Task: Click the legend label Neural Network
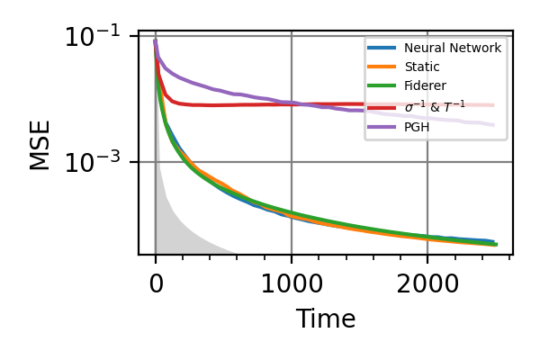coord(453,48)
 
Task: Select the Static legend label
coord(422,67)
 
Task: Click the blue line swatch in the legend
coord(382,48)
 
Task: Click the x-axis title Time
coord(326,319)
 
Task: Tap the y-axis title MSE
coord(40,144)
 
